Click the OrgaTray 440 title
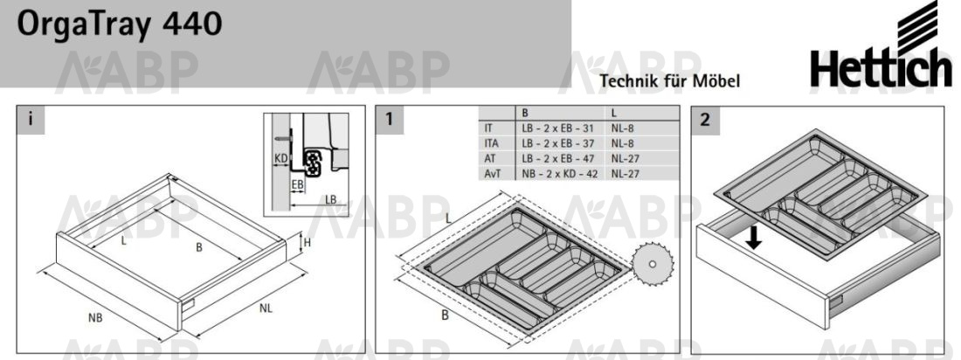tap(120, 25)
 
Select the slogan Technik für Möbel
tap(670, 80)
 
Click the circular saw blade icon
tap(653, 265)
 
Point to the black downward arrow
tap(755, 239)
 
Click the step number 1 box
tap(389, 120)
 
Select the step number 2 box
tap(705, 120)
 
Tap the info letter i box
tap(30, 120)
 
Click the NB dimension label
tap(95, 318)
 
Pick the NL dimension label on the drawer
tap(265, 308)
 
